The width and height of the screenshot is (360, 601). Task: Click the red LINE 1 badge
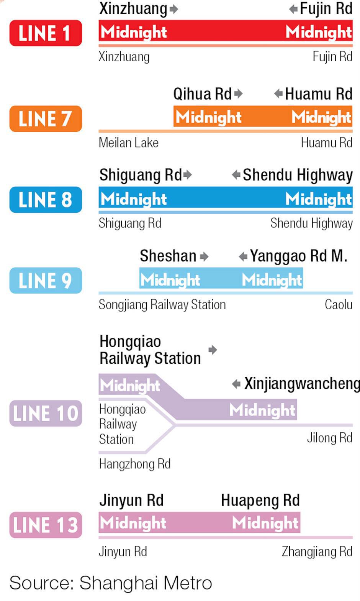(x=46, y=33)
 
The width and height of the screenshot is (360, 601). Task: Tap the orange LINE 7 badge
(x=46, y=118)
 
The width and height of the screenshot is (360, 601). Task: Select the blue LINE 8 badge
(x=46, y=200)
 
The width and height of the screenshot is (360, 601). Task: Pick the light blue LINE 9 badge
(x=46, y=281)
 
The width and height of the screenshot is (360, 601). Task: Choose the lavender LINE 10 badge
(x=46, y=413)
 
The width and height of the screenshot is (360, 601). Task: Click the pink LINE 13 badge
(x=46, y=525)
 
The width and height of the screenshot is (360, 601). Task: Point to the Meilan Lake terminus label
(x=128, y=143)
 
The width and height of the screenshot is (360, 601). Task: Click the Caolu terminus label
(x=338, y=304)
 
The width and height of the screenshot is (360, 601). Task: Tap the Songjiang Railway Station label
(x=162, y=304)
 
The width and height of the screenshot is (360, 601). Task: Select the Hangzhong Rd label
(x=135, y=464)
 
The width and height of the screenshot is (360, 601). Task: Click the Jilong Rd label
(x=329, y=438)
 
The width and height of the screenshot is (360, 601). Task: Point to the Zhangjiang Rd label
(x=317, y=551)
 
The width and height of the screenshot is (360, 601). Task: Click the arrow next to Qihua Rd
(x=238, y=94)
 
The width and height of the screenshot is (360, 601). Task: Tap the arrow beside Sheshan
(x=204, y=256)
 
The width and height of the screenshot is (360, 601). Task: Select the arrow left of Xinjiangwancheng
(x=236, y=384)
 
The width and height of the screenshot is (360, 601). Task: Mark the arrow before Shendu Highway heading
(x=236, y=175)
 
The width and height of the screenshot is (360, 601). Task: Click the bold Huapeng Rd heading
(x=260, y=500)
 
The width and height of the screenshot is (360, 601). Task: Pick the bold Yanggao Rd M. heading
(x=298, y=256)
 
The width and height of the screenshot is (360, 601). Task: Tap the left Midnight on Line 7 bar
(x=208, y=117)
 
